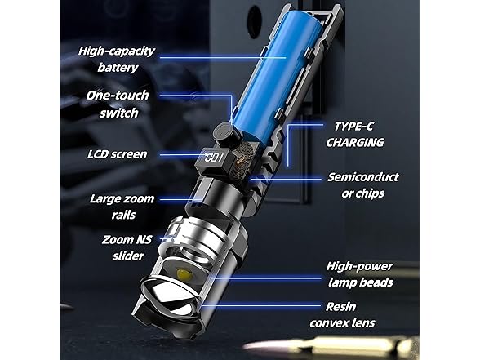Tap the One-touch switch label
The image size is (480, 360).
pos(118,104)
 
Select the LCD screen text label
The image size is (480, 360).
pos(117,153)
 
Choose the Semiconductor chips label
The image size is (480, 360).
pos(365,184)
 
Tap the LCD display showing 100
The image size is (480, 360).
pos(214,155)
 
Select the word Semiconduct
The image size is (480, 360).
pos(365,176)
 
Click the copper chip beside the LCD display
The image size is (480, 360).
pos(239,161)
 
